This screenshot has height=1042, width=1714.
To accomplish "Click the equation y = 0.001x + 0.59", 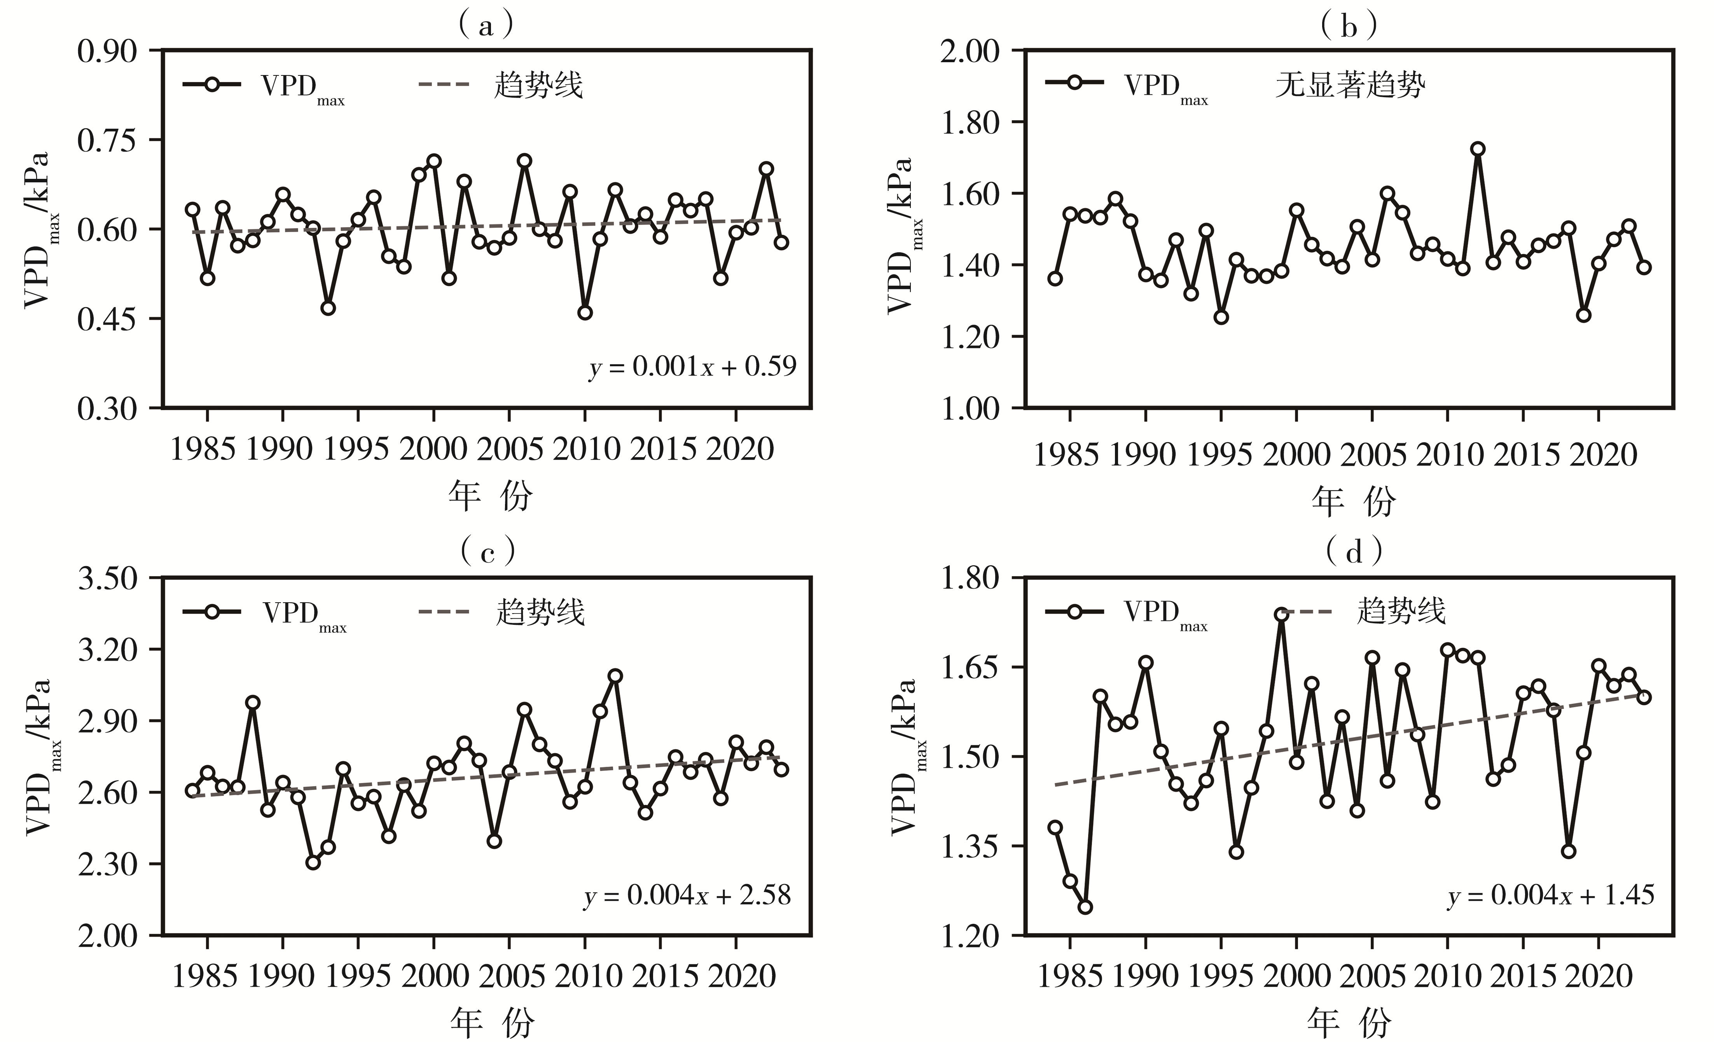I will click(692, 367).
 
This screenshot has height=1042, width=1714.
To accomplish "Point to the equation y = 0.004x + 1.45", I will click(1550, 895).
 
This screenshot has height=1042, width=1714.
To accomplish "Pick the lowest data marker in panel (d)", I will click(1085, 907).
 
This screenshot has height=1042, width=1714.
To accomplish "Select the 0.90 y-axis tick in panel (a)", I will click(107, 51).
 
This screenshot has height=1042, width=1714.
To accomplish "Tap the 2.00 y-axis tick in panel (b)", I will click(970, 51).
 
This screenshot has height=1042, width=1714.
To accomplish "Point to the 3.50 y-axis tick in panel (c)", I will click(107, 579).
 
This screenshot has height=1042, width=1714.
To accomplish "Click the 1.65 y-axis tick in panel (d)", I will click(970, 668).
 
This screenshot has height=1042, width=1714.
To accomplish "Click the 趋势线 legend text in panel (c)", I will click(540, 612).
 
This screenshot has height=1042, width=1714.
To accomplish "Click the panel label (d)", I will click(1354, 553).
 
